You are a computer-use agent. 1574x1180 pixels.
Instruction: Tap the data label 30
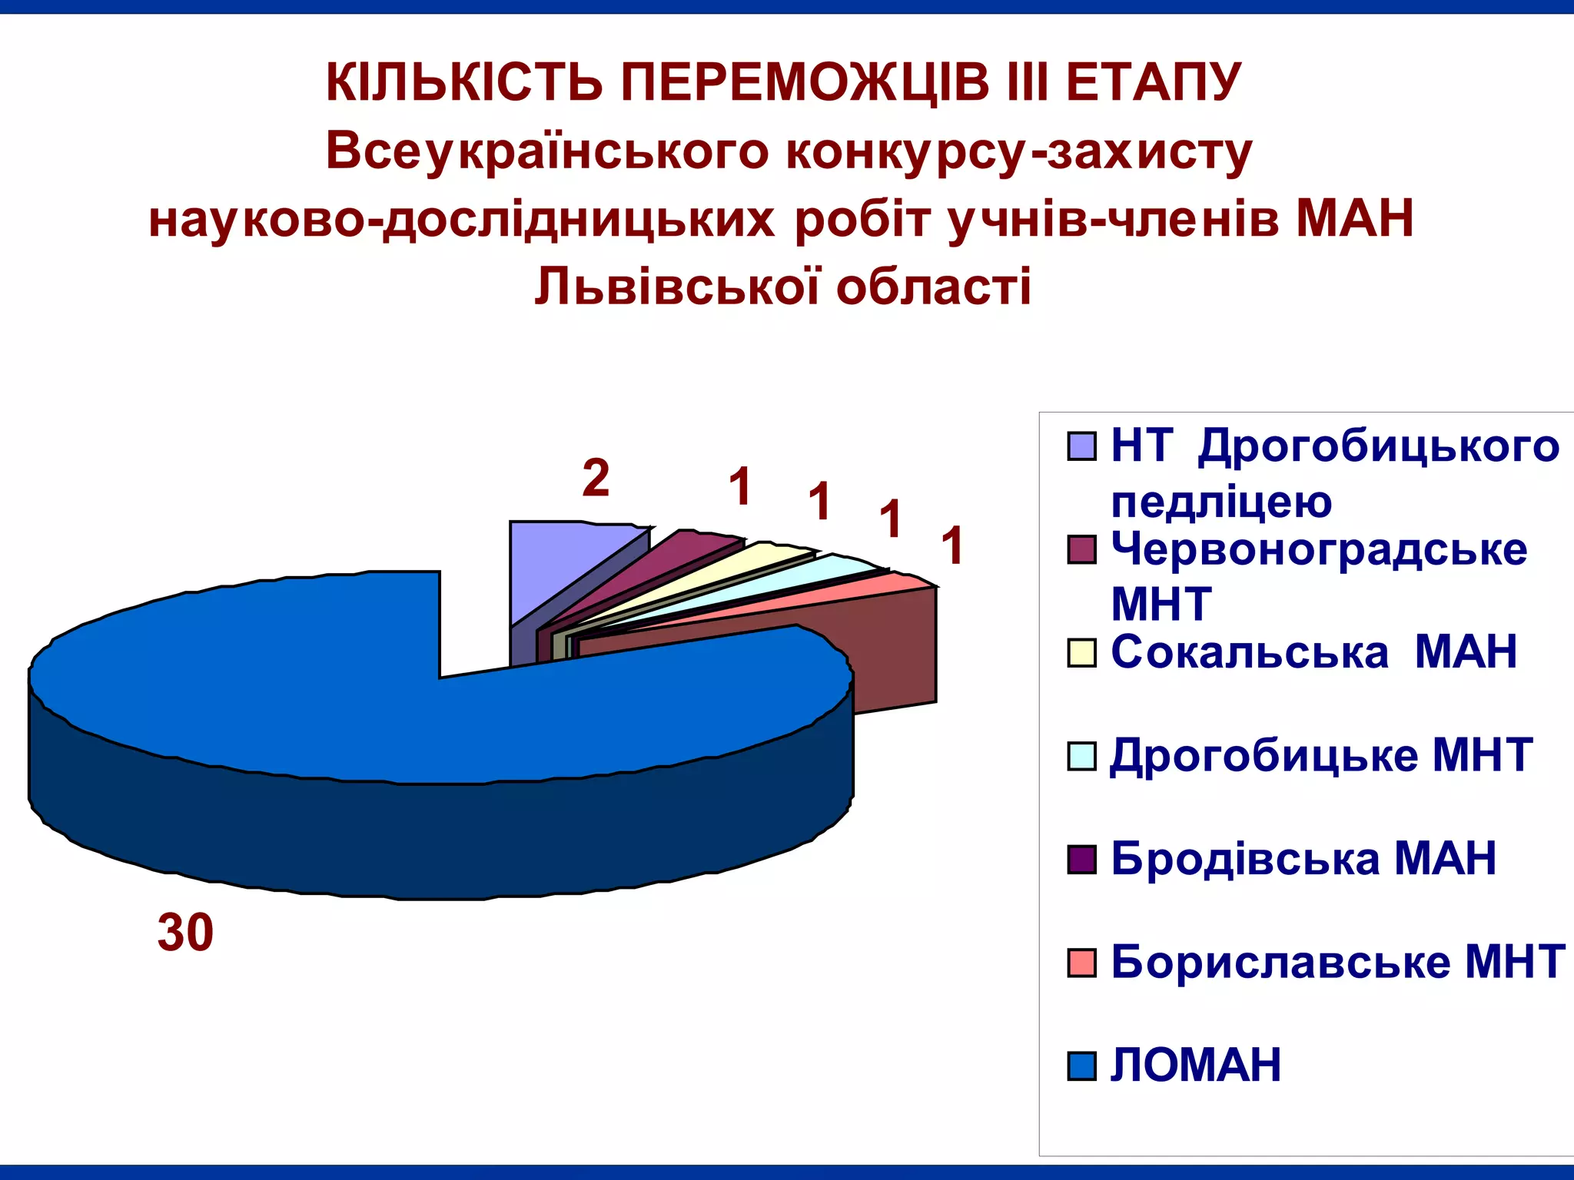(185, 933)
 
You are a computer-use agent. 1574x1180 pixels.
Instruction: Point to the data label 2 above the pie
(596, 478)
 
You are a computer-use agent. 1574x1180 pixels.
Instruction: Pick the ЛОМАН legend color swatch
(1081, 1066)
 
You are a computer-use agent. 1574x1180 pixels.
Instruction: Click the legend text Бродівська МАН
(1303, 858)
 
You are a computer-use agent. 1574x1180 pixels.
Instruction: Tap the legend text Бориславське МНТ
(1337, 961)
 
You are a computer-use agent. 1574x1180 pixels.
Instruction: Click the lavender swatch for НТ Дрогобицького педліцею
(1081, 446)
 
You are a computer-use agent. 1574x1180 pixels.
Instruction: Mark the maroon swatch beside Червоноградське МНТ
(1081, 550)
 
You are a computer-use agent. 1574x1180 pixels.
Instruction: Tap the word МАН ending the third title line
(1354, 219)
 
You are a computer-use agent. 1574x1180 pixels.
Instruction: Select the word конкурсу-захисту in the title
(1018, 151)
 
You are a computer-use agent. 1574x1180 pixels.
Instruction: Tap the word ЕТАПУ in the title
(1153, 82)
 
